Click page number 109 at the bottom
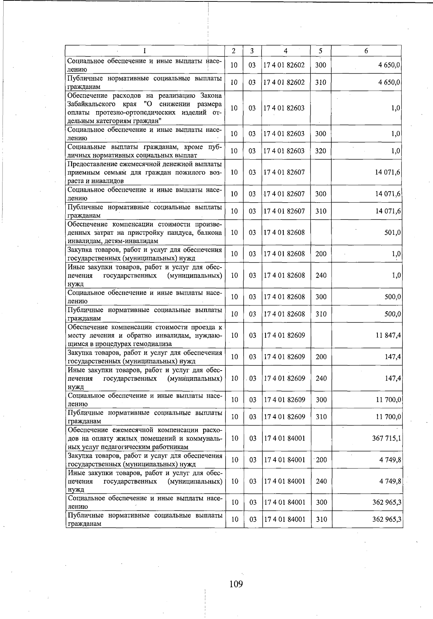(236, 584)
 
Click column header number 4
(285, 51)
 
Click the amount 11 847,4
(388, 336)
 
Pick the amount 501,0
(393, 233)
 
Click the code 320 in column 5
(320, 151)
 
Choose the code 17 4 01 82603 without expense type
(284, 108)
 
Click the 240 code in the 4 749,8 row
(321, 481)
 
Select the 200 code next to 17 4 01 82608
(321, 254)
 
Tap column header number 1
(144, 51)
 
